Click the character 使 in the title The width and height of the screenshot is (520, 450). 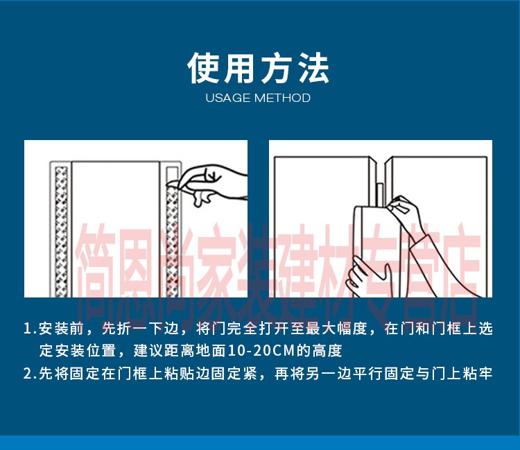(204, 68)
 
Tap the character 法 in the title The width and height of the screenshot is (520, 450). (313, 68)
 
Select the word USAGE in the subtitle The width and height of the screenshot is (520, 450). (228, 98)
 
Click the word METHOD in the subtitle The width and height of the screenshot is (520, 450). (282, 98)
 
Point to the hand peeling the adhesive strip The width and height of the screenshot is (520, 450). (209, 184)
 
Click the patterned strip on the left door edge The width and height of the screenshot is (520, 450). (61, 232)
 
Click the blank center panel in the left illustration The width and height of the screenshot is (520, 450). (115, 230)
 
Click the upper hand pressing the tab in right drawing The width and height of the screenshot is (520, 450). (405, 212)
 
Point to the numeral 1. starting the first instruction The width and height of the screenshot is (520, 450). (30, 329)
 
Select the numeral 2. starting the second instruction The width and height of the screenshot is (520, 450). (30, 374)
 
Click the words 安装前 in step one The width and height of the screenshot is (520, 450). (61, 329)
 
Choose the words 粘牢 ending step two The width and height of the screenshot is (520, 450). (478, 374)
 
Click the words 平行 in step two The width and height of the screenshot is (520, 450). (367, 374)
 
